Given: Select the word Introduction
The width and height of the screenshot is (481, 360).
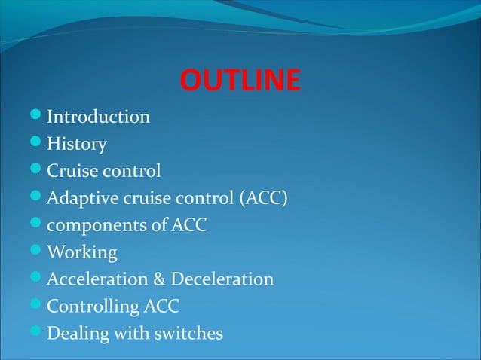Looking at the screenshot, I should (98, 117).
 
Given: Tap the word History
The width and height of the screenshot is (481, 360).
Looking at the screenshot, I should (77, 144).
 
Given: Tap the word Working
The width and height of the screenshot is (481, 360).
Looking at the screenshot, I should (82, 252).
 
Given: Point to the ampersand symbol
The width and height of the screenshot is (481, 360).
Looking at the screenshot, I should (160, 279).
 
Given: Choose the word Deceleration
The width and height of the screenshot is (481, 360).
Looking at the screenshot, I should (222, 279).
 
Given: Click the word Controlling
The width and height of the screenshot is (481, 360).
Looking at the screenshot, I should (93, 307).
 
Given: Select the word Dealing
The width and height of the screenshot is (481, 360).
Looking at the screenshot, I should (76, 333).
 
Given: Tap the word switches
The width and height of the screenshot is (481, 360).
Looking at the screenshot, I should (191, 333).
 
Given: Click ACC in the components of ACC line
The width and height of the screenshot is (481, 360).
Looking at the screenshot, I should (188, 225).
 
